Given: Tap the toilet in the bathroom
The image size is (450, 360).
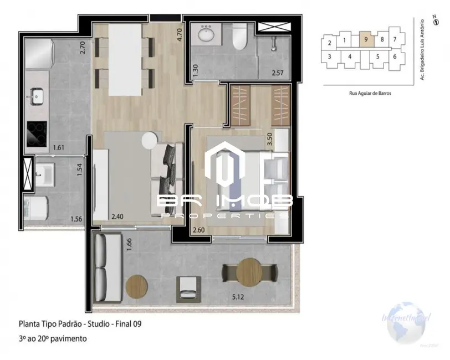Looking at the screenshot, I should [239, 37].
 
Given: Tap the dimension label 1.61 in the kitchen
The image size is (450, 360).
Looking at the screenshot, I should [59, 148].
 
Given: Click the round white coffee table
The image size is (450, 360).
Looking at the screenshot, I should [150, 141].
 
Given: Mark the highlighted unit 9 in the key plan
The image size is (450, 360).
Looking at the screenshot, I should [366, 40].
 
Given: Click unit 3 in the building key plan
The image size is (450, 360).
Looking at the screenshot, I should [329, 56].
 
